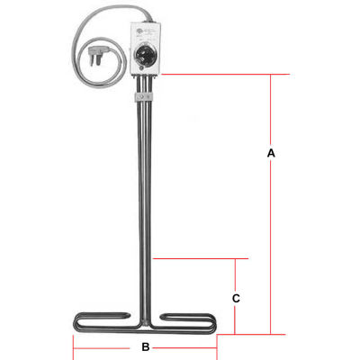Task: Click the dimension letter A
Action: pos(271,154)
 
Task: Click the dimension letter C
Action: pos(235,297)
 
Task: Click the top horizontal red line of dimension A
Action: pos(216,74)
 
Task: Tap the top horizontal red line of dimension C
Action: pos(198,259)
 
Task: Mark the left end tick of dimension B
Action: pos(72,346)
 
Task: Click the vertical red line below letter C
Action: pos(235,319)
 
